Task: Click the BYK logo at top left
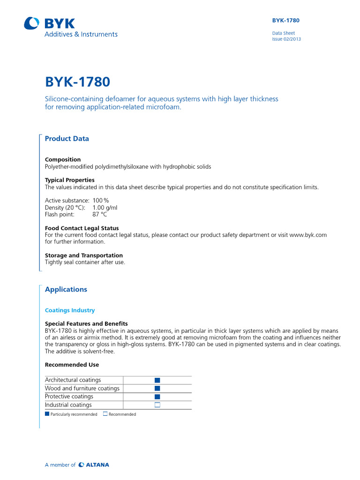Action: (49, 23)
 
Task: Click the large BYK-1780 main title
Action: (77, 82)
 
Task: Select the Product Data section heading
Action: (67, 139)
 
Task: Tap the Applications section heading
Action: (66, 289)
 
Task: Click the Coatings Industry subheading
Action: (69, 310)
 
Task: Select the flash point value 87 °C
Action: (99, 214)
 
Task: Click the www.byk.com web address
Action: (308, 235)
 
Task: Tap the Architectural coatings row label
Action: (73, 380)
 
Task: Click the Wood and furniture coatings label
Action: (82, 388)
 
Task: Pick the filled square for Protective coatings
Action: (157, 397)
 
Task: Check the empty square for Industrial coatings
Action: (157, 405)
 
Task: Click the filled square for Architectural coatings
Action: (157, 380)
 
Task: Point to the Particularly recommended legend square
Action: (47, 414)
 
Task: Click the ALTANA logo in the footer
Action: (94, 465)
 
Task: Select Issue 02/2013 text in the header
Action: (286, 39)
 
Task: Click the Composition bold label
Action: (63, 159)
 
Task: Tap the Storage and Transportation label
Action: (84, 255)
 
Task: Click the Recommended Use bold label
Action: (72, 365)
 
